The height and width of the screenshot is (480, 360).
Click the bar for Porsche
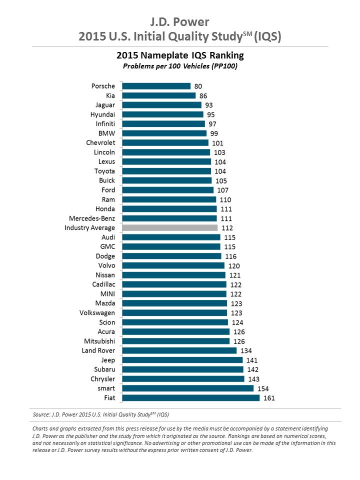156,86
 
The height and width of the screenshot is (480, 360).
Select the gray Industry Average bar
170,228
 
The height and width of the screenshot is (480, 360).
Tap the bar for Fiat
191,398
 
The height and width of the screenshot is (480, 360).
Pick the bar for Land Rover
179,350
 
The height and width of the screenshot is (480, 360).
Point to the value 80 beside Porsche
198,86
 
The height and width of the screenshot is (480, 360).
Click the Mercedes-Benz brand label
92,218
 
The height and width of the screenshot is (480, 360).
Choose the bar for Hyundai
162,114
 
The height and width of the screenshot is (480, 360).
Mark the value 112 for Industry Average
228,228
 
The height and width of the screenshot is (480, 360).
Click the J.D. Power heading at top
180,22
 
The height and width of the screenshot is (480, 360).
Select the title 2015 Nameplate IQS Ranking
180,55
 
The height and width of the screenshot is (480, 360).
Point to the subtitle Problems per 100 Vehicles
180,65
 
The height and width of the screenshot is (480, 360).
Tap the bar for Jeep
182,360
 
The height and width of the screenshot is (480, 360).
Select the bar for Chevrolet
165,143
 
